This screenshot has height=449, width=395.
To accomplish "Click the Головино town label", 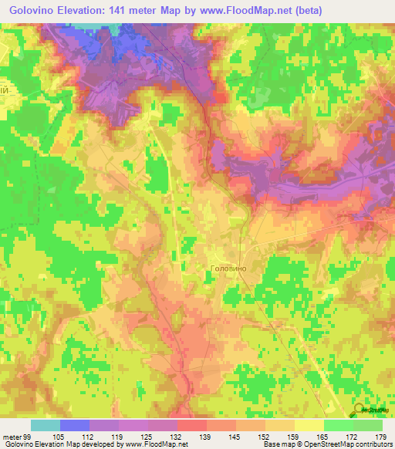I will (x=228, y=268).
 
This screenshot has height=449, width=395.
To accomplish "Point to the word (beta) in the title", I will (x=304, y=10).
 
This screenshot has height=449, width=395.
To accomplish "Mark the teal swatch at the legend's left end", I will (x=45, y=425).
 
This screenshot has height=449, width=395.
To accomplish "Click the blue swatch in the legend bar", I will (x=74, y=425).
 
